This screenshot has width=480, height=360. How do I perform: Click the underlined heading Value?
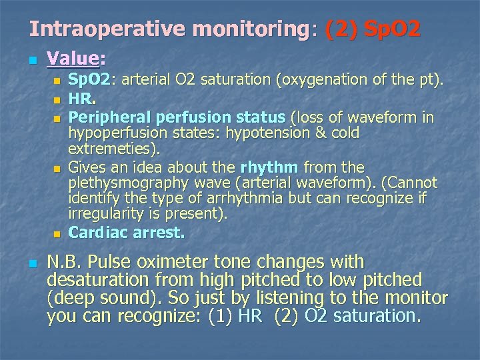point(77,59)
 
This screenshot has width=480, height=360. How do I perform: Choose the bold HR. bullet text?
point(81,99)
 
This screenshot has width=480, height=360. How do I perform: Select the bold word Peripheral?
point(105,117)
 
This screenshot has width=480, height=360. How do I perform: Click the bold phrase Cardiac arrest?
point(127,233)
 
